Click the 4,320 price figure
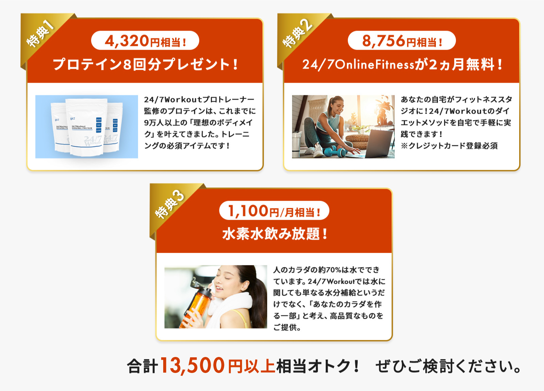[x=127, y=41]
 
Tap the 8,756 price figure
[x=384, y=41]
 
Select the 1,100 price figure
[x=248, y=211]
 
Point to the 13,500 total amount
[x=192, y=366]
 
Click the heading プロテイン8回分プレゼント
[x=145, y=65]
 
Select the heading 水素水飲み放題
[x=274, y=234]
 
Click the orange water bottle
[x=197, y=304]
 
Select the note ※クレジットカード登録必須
[x=449, y=146]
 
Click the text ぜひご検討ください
[x=448, y=366]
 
